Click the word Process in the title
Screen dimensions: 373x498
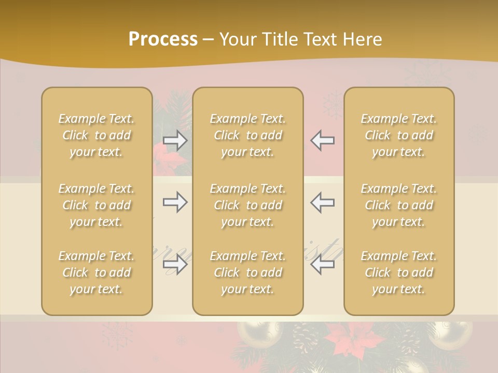163,39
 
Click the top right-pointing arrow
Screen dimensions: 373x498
175,140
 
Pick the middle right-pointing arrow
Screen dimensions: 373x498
175,202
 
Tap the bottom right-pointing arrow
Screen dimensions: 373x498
175,265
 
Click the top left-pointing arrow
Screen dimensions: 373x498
323,140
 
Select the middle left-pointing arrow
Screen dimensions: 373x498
323,202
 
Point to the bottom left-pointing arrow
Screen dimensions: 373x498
323,265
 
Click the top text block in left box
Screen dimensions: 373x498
96,135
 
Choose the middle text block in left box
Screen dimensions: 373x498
96,205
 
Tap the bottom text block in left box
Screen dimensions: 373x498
96,272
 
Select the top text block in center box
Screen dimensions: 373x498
247,135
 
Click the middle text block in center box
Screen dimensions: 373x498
247,205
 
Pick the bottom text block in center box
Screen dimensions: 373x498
247,272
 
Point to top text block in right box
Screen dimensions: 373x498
398,135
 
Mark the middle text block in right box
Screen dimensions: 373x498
398,205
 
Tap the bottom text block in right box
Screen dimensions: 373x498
398,272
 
